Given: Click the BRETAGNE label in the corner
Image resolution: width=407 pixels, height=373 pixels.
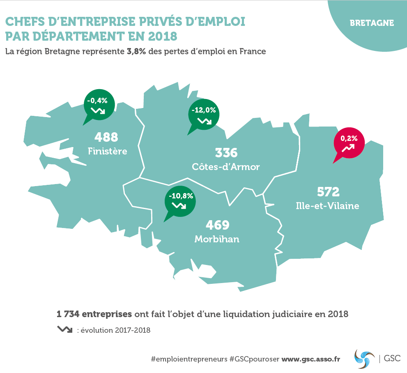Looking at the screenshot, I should (x=372, y=23).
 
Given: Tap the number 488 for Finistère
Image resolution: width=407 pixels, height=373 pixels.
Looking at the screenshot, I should (x=106, y=137).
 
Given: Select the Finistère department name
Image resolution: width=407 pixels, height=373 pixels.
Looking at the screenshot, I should (x=108, y=151).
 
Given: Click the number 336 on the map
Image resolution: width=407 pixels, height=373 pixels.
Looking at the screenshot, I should (x=226, y=153).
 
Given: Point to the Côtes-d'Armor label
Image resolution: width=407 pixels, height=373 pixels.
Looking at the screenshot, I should (x=226, y=167).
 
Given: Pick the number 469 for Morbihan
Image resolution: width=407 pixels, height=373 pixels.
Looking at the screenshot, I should (x=217, y=225).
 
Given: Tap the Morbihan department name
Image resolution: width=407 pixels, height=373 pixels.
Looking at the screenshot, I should (x=217, y=239).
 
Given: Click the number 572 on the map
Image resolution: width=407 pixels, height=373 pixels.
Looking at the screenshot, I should (x=328, y=192).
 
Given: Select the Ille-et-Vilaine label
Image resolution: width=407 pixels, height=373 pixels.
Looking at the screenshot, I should (x=327, y=205).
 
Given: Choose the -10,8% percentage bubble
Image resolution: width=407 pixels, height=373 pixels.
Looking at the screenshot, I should (x=180, y=200).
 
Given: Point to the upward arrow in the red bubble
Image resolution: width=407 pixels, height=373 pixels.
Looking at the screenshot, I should (x=349, y=148).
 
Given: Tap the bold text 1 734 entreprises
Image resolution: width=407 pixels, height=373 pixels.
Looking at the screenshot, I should (x=94, y=314).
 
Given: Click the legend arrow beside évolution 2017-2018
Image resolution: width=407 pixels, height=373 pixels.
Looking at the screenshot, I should (x=65, y=329).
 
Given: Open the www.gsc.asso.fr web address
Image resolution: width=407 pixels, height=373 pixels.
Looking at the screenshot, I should (x=311, y=359).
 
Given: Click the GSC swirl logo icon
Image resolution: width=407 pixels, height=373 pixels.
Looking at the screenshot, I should (x=365, y=357).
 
